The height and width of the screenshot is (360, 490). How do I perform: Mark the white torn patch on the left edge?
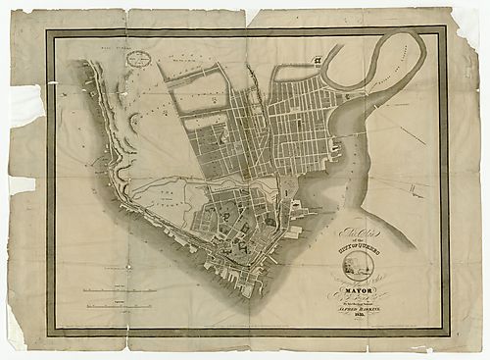[x=22, y=99]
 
